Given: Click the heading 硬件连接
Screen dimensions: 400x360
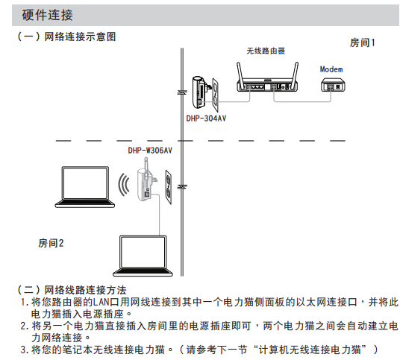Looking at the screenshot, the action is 48,15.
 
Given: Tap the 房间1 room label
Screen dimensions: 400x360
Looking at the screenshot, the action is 362,42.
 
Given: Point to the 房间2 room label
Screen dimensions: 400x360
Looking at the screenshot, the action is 51,243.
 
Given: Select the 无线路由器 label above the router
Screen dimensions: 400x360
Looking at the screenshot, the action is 266,51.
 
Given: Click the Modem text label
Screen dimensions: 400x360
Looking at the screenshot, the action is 331,69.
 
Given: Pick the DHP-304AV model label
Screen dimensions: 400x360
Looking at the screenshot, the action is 206,119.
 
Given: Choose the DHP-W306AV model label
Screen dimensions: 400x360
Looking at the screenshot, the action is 150,151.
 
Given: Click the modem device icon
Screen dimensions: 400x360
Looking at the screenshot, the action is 333,85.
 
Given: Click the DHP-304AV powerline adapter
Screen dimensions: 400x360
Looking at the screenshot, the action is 199,92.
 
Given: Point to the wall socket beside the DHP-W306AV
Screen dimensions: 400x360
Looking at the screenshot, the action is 169,187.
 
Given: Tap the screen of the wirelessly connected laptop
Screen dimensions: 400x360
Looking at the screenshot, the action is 85,183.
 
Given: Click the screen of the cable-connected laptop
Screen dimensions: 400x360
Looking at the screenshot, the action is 143,252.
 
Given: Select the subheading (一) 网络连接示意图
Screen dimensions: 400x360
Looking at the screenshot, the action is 66,37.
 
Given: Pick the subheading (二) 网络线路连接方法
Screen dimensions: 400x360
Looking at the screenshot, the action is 72,290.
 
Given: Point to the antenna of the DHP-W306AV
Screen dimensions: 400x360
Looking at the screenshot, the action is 146,169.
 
